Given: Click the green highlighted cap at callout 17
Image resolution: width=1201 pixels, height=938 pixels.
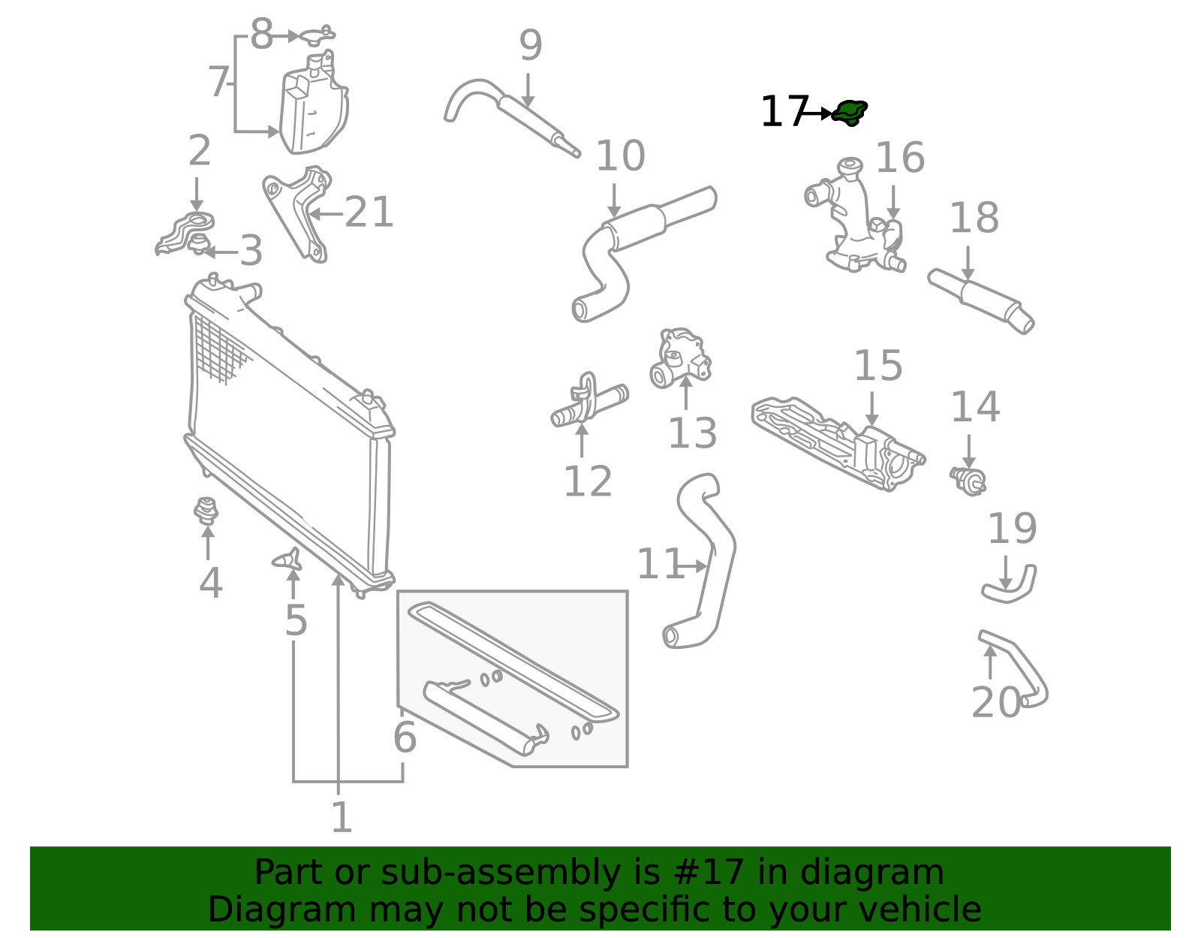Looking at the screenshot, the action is tap(850, 113).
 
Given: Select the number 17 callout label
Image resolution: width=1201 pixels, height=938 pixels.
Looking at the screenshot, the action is tap(784, 112).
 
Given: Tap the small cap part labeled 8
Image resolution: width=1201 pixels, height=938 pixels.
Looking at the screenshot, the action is tap(318, 35).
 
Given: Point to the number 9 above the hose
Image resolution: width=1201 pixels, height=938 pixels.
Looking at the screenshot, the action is tap(531, 45).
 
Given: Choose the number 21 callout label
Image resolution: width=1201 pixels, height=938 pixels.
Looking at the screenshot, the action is tap(369, 213).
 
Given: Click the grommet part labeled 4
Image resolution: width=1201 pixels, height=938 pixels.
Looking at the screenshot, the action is tap(206, 511).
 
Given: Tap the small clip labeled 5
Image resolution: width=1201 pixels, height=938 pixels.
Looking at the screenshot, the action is tap(288, 560).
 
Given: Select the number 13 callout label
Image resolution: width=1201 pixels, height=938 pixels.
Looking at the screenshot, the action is tap(693, 433).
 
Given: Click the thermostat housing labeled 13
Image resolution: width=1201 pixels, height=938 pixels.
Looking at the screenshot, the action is tap(680, 358).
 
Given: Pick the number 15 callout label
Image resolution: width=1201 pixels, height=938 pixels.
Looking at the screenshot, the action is tap(878, 365).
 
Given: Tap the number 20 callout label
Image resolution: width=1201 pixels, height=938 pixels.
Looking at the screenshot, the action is tap(996, 702).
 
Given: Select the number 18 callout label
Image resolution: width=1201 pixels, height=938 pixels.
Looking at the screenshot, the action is tap(974, 218).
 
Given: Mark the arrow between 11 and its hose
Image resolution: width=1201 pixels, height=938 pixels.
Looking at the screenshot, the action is tap(692, 566).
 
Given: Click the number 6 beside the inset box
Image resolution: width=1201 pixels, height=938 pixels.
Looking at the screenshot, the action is tap(405, 737).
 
